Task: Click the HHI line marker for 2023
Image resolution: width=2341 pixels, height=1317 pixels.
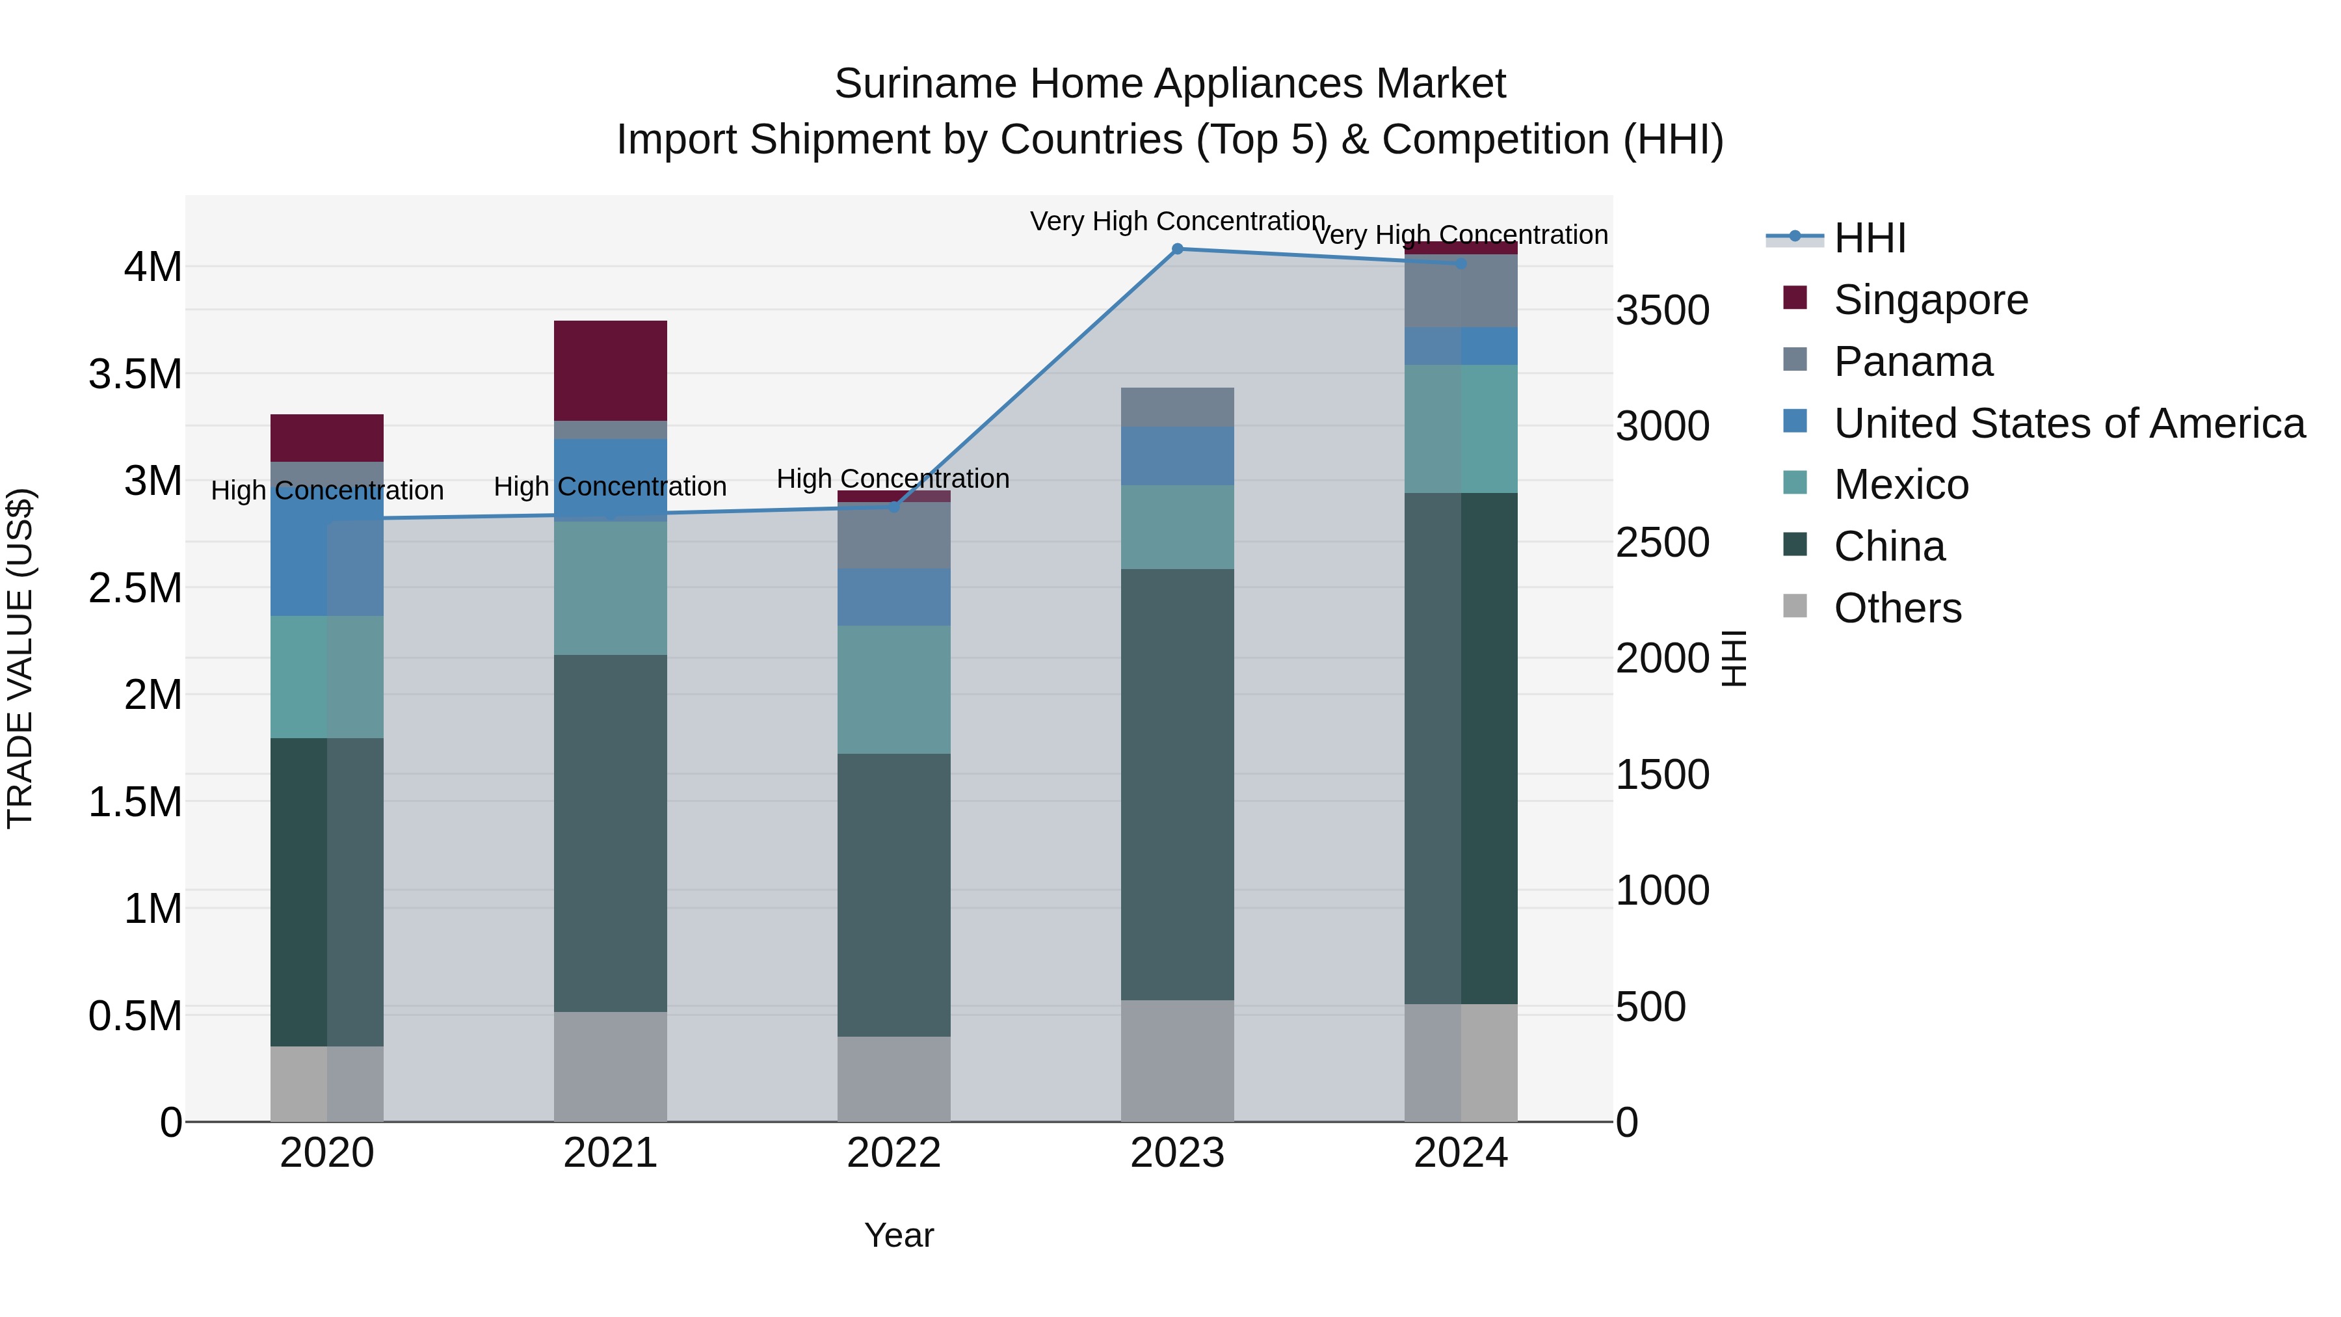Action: click(x=1177, y=248)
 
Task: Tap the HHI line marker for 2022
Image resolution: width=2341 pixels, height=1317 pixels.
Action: click(x=893, y=507)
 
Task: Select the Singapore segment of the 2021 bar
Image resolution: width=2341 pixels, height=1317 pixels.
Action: click(x=610, y=370)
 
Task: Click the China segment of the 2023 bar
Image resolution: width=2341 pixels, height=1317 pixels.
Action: click(x=1177, y=784)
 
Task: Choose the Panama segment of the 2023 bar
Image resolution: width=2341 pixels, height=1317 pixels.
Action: click(x=1177, y=407)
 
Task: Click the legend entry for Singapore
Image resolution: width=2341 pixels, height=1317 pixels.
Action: click(x=1930, y=300)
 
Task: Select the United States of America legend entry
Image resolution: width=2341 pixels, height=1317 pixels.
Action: click(x=2069, y=423)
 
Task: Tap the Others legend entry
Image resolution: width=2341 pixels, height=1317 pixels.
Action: click(x=1897, y=608)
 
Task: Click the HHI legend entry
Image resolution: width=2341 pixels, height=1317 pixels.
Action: click(x=1868, y=238)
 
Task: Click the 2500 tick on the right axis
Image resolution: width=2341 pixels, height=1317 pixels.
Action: click(x=1662, y=542)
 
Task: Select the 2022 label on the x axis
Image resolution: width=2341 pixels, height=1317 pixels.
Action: click(x=893, y=1153)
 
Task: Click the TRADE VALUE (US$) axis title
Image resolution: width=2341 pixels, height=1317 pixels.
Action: click(x=20, y=658)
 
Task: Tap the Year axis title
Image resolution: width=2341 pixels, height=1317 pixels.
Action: click(x=899, y=1235)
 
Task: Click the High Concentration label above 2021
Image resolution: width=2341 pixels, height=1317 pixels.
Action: click(x=610, y=486)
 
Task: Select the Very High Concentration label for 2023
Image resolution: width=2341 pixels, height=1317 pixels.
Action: click(x=1177, y=221)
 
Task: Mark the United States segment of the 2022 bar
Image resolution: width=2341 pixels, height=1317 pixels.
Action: click(x=893, y=597)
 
